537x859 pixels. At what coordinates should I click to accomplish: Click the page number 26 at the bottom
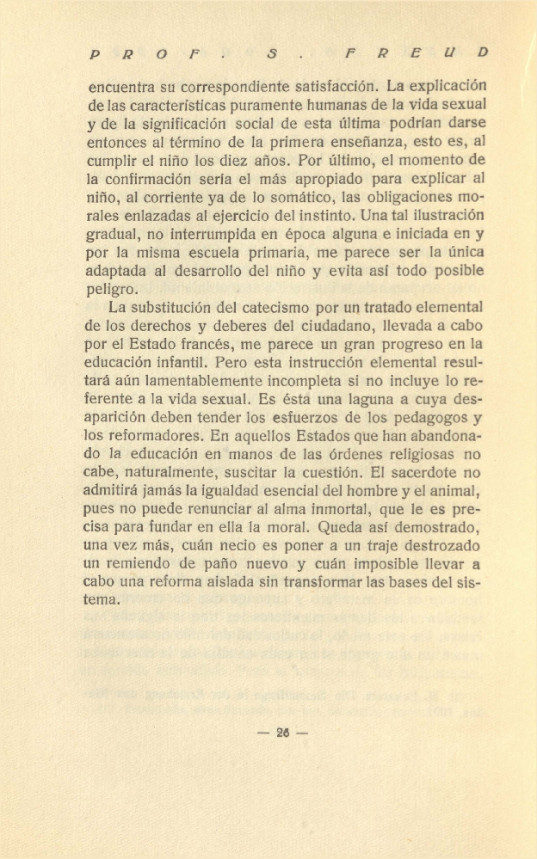coord(281,733)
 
